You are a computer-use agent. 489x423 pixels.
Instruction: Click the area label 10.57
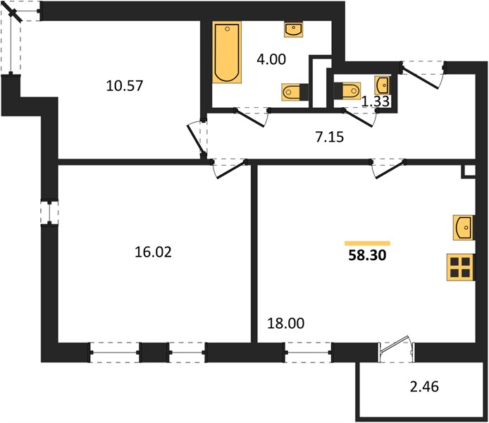[x=125, y=85]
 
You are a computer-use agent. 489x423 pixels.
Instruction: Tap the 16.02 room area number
[x=153, y=252]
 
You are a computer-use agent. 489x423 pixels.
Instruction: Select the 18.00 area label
[x=286, y=324]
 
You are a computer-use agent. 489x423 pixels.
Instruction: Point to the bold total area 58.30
[x=367, y=255]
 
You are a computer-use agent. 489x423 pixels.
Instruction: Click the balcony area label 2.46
[x=424, y=387]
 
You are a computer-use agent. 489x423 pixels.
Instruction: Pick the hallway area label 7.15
[x=329, y=137]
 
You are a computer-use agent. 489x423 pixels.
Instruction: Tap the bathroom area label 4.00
[x=271, y=59]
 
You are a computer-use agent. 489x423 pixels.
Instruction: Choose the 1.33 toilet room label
[x=375, y=101]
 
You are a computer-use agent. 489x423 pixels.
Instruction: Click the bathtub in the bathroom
[x=227, y=52]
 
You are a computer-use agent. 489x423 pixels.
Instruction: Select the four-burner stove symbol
[x=460, y=267]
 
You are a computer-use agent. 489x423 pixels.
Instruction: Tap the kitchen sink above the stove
[x=464, y=228]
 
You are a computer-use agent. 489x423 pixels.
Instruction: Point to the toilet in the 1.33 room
[x=347, y=91]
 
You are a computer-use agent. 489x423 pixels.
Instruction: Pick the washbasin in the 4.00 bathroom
[x=293, y=30]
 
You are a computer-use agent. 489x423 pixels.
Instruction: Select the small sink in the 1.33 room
[x=383, y=85]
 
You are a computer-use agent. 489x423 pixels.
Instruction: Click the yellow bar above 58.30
[x=367, y=243]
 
